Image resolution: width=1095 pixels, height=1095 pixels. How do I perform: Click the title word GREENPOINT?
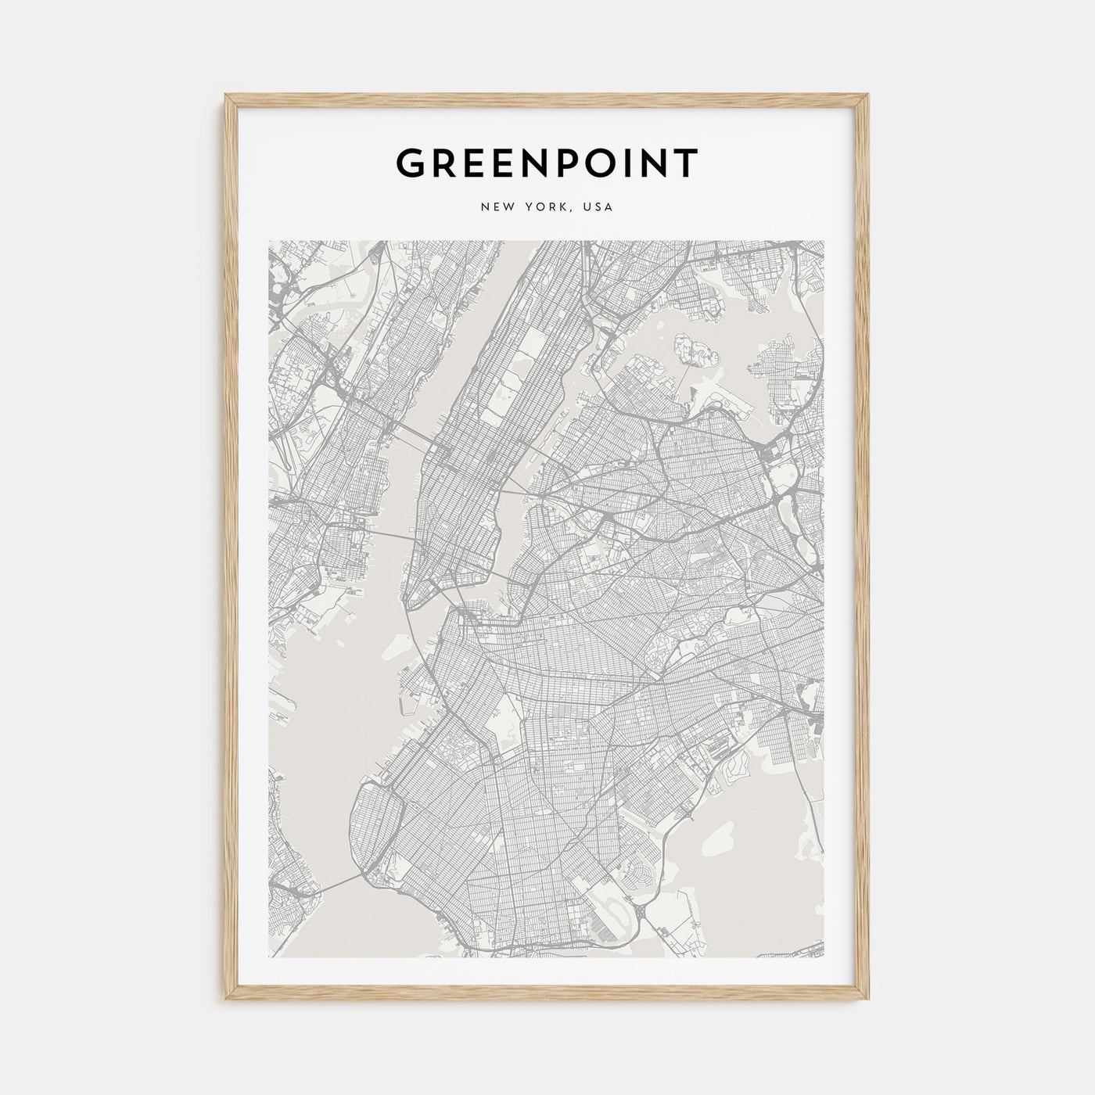click(547, 163)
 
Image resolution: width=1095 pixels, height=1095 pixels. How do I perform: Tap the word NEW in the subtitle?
click(497, 207)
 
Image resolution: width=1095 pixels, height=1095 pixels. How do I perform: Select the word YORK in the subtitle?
click(547, 207)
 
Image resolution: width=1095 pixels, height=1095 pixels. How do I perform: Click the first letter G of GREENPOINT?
click(411, 163)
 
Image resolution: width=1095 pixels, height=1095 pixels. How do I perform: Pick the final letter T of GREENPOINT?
click(686, 163)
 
